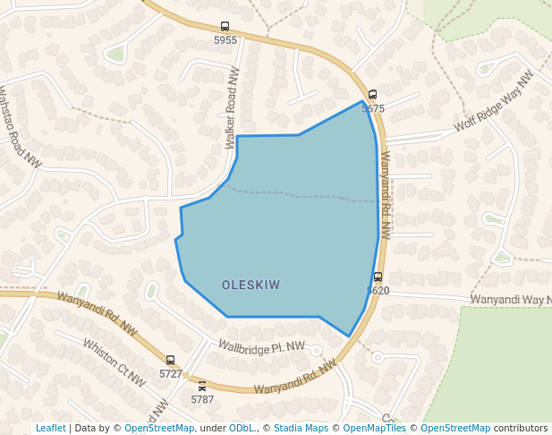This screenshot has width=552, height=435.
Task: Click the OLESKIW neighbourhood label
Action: [251, 286]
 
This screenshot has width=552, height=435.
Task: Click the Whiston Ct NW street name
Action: [114, 362]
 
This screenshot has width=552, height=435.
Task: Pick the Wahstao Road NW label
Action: [20, 126]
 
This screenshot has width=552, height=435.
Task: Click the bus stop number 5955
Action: [225, 40]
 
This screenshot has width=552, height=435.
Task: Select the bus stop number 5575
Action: [373, 108]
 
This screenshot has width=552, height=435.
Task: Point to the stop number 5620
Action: [378, 291]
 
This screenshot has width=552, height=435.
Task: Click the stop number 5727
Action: [170, 373]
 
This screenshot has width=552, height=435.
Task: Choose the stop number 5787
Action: [202, 399]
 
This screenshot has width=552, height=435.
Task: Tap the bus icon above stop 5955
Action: [225, 27]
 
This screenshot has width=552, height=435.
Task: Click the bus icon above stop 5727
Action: [170, 360]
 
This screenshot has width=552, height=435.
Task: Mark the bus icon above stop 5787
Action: [202, 386]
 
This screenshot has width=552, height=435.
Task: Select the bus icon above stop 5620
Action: [378, 277]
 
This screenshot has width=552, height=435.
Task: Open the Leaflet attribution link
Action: [50, 429]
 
